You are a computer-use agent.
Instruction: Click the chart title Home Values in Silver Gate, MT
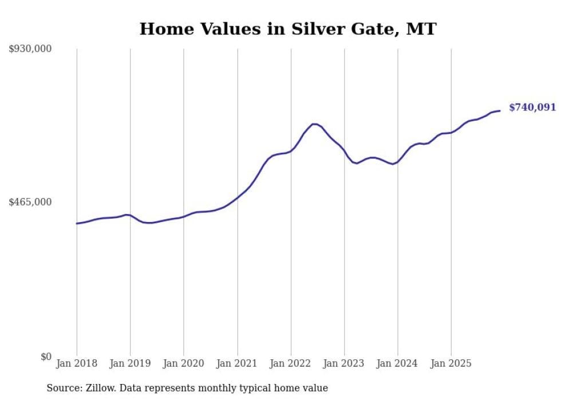click(288, 29)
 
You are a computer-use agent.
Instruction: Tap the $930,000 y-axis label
click(30, 49)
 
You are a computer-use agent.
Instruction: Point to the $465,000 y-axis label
click(30, 202)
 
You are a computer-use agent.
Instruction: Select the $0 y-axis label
click(46, 357)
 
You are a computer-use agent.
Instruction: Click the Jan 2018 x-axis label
click(77, 363)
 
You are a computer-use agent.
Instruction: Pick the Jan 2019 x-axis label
click(131, 363)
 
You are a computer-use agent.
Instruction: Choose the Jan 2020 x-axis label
click(184, 363)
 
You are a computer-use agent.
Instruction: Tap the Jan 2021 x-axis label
click(238, 363)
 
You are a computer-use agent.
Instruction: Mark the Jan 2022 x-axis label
click(291, 363)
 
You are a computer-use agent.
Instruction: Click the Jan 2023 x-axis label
click(345, 363)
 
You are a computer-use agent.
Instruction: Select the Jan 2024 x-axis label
click(398, 363)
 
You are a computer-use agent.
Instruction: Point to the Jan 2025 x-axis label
click(452, 363)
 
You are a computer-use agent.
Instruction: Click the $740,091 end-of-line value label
click(532, 108)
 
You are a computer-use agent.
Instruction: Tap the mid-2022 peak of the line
click(314, 124)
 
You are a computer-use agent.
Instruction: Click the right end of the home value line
click(500, 110)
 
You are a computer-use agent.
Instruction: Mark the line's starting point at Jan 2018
click(77, 223)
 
